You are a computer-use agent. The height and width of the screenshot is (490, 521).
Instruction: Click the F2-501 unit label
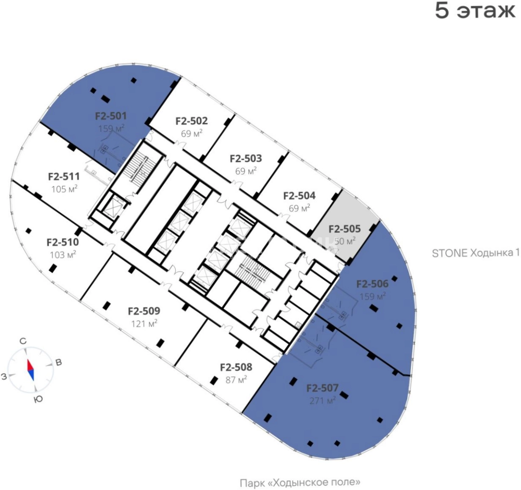click(111, 116)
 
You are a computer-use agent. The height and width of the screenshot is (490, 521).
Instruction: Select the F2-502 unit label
click(191, 121)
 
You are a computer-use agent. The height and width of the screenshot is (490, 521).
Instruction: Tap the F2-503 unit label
click(246, 159)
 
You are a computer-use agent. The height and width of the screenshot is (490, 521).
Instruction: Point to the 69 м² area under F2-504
click(299, 208)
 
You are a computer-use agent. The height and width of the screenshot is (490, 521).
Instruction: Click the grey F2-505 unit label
click(345, 229)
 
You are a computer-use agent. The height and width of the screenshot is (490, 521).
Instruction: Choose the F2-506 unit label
click(372, 284)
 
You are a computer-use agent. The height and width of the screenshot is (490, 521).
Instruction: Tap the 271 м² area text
click(323, 401)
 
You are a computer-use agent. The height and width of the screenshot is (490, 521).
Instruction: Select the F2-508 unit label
click(236, 367)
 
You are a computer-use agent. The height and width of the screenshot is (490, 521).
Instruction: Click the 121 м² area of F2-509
click(144, 324)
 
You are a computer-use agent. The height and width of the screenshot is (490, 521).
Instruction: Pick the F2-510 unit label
click(63, 242)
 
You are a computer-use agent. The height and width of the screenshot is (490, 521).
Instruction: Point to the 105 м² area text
click(64, 189)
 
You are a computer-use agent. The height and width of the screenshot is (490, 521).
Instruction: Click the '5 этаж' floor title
click(475, 11)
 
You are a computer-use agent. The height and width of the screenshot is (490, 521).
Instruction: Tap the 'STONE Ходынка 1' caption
click(475, 253)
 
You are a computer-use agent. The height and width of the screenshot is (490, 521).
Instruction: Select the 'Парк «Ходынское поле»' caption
click(300, 483)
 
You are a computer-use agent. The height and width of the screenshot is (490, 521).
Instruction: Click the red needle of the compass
click(30, 365)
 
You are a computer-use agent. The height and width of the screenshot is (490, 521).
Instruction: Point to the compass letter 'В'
click(59, 363)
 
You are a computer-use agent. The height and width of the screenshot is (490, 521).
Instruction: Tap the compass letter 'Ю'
click(38, 399)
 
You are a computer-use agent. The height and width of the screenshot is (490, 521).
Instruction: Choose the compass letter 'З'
click(4, 376)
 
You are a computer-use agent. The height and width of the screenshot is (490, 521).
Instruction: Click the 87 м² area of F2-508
click(236, 380)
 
